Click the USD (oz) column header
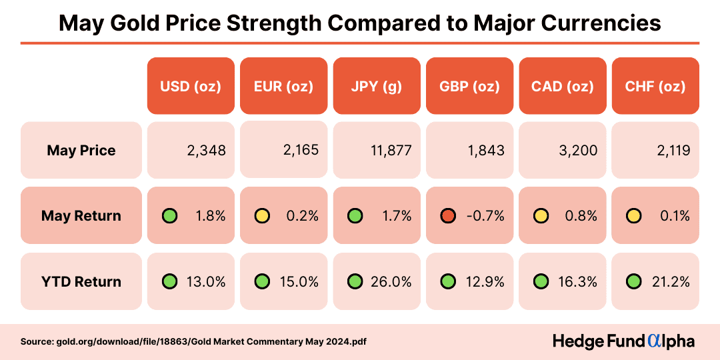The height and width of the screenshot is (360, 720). pos(191,86)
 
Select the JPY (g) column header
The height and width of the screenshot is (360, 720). pos(376,86)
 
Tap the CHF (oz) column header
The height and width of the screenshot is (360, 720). pos(655,86)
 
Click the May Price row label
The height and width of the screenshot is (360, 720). pos(81,151)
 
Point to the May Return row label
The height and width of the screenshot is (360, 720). pos(81,216)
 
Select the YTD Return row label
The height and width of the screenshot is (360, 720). pos(81,281)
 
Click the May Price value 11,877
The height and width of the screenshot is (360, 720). pos(391,151)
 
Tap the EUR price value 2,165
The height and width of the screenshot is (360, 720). pos(299,150)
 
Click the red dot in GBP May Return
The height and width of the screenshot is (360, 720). pos(447,216)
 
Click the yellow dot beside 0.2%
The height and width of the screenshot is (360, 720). pos(263,216)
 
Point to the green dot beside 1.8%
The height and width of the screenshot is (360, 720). pos(170,216)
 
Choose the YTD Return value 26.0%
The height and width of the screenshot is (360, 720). pos(391,281)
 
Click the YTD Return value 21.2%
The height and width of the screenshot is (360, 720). pos(671,281)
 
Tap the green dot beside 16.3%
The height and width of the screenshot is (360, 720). pos(541,281)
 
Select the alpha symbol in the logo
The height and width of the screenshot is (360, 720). pos(655,341)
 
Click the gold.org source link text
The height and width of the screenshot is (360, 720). pos(193,341)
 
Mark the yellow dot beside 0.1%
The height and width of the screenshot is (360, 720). pos(633,216)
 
